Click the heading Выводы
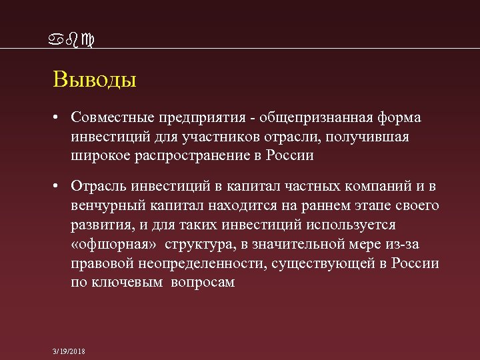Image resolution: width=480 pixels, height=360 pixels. pos(95,81)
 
